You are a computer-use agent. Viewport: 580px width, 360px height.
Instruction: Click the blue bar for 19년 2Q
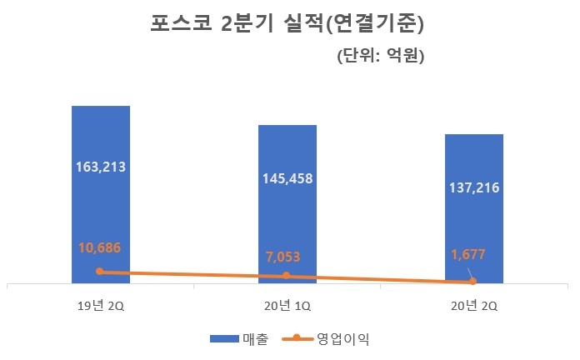point(100,133)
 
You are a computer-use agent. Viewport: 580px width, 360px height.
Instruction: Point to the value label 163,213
point(100,167)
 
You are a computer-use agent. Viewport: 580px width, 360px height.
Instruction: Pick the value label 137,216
point(473,188)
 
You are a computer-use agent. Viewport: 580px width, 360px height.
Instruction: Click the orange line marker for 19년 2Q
point(100,271)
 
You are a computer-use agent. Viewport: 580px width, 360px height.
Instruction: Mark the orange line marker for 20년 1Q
point(287,276)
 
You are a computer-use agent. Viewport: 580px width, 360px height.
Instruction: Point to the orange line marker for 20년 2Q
point(473,282)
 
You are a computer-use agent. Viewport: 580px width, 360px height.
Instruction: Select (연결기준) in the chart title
point(374,25)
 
